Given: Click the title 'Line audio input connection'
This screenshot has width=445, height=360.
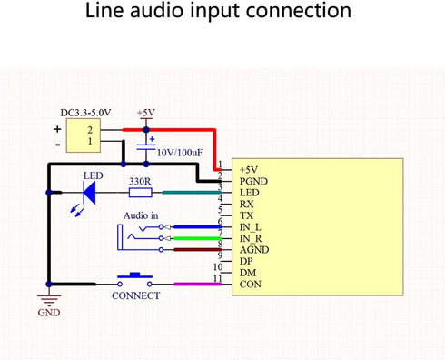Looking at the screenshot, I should (218, 13).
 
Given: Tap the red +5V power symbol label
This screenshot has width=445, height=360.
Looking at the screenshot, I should (145, 112).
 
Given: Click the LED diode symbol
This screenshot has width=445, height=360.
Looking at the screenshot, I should (89, 192).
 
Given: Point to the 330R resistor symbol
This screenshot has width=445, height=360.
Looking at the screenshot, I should (140, 192).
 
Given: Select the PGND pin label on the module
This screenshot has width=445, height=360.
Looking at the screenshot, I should (253, 181).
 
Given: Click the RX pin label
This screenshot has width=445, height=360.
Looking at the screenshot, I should (247, 204).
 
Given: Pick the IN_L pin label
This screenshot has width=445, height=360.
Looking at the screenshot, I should (251, 226).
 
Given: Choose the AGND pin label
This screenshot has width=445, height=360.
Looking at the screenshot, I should (254, 250).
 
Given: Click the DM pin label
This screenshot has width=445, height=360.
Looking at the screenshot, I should (247, 273).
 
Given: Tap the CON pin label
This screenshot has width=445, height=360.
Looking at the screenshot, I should (250, 285).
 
